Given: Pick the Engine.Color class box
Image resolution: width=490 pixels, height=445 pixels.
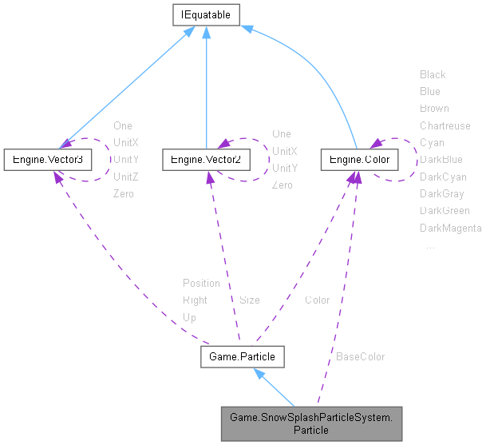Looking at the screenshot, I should tap(359, 160).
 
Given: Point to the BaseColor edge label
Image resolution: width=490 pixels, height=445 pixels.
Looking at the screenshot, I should tap(360, 356).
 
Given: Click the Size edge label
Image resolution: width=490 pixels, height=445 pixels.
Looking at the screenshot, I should tap(249, 300).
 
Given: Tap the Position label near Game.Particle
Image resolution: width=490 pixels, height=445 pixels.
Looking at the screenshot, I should tap(201, 283).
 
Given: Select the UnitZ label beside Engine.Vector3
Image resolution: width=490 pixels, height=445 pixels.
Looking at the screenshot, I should tap(126, 177).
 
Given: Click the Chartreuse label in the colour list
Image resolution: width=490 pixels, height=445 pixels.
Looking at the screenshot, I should tap(445, 125).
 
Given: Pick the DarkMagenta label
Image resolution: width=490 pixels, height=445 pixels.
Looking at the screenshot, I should tap(450, 228).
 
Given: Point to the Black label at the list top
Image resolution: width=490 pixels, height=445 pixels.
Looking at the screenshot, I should tap(433, 74).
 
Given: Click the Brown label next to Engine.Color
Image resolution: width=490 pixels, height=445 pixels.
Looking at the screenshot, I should tap(434, 108).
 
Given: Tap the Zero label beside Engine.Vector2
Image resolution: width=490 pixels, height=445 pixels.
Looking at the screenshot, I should tap(282, 185).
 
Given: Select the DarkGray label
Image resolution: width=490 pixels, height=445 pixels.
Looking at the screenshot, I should tap(442, 193).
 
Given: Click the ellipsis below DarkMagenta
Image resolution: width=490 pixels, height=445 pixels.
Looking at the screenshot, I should tap(430, 246).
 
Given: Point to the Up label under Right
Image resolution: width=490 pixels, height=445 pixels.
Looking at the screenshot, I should tap(189, 317).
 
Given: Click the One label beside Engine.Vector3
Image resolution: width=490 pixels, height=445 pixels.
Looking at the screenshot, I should tap(123, 125).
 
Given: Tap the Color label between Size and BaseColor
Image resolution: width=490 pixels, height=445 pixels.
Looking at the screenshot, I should tap(317, 300).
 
